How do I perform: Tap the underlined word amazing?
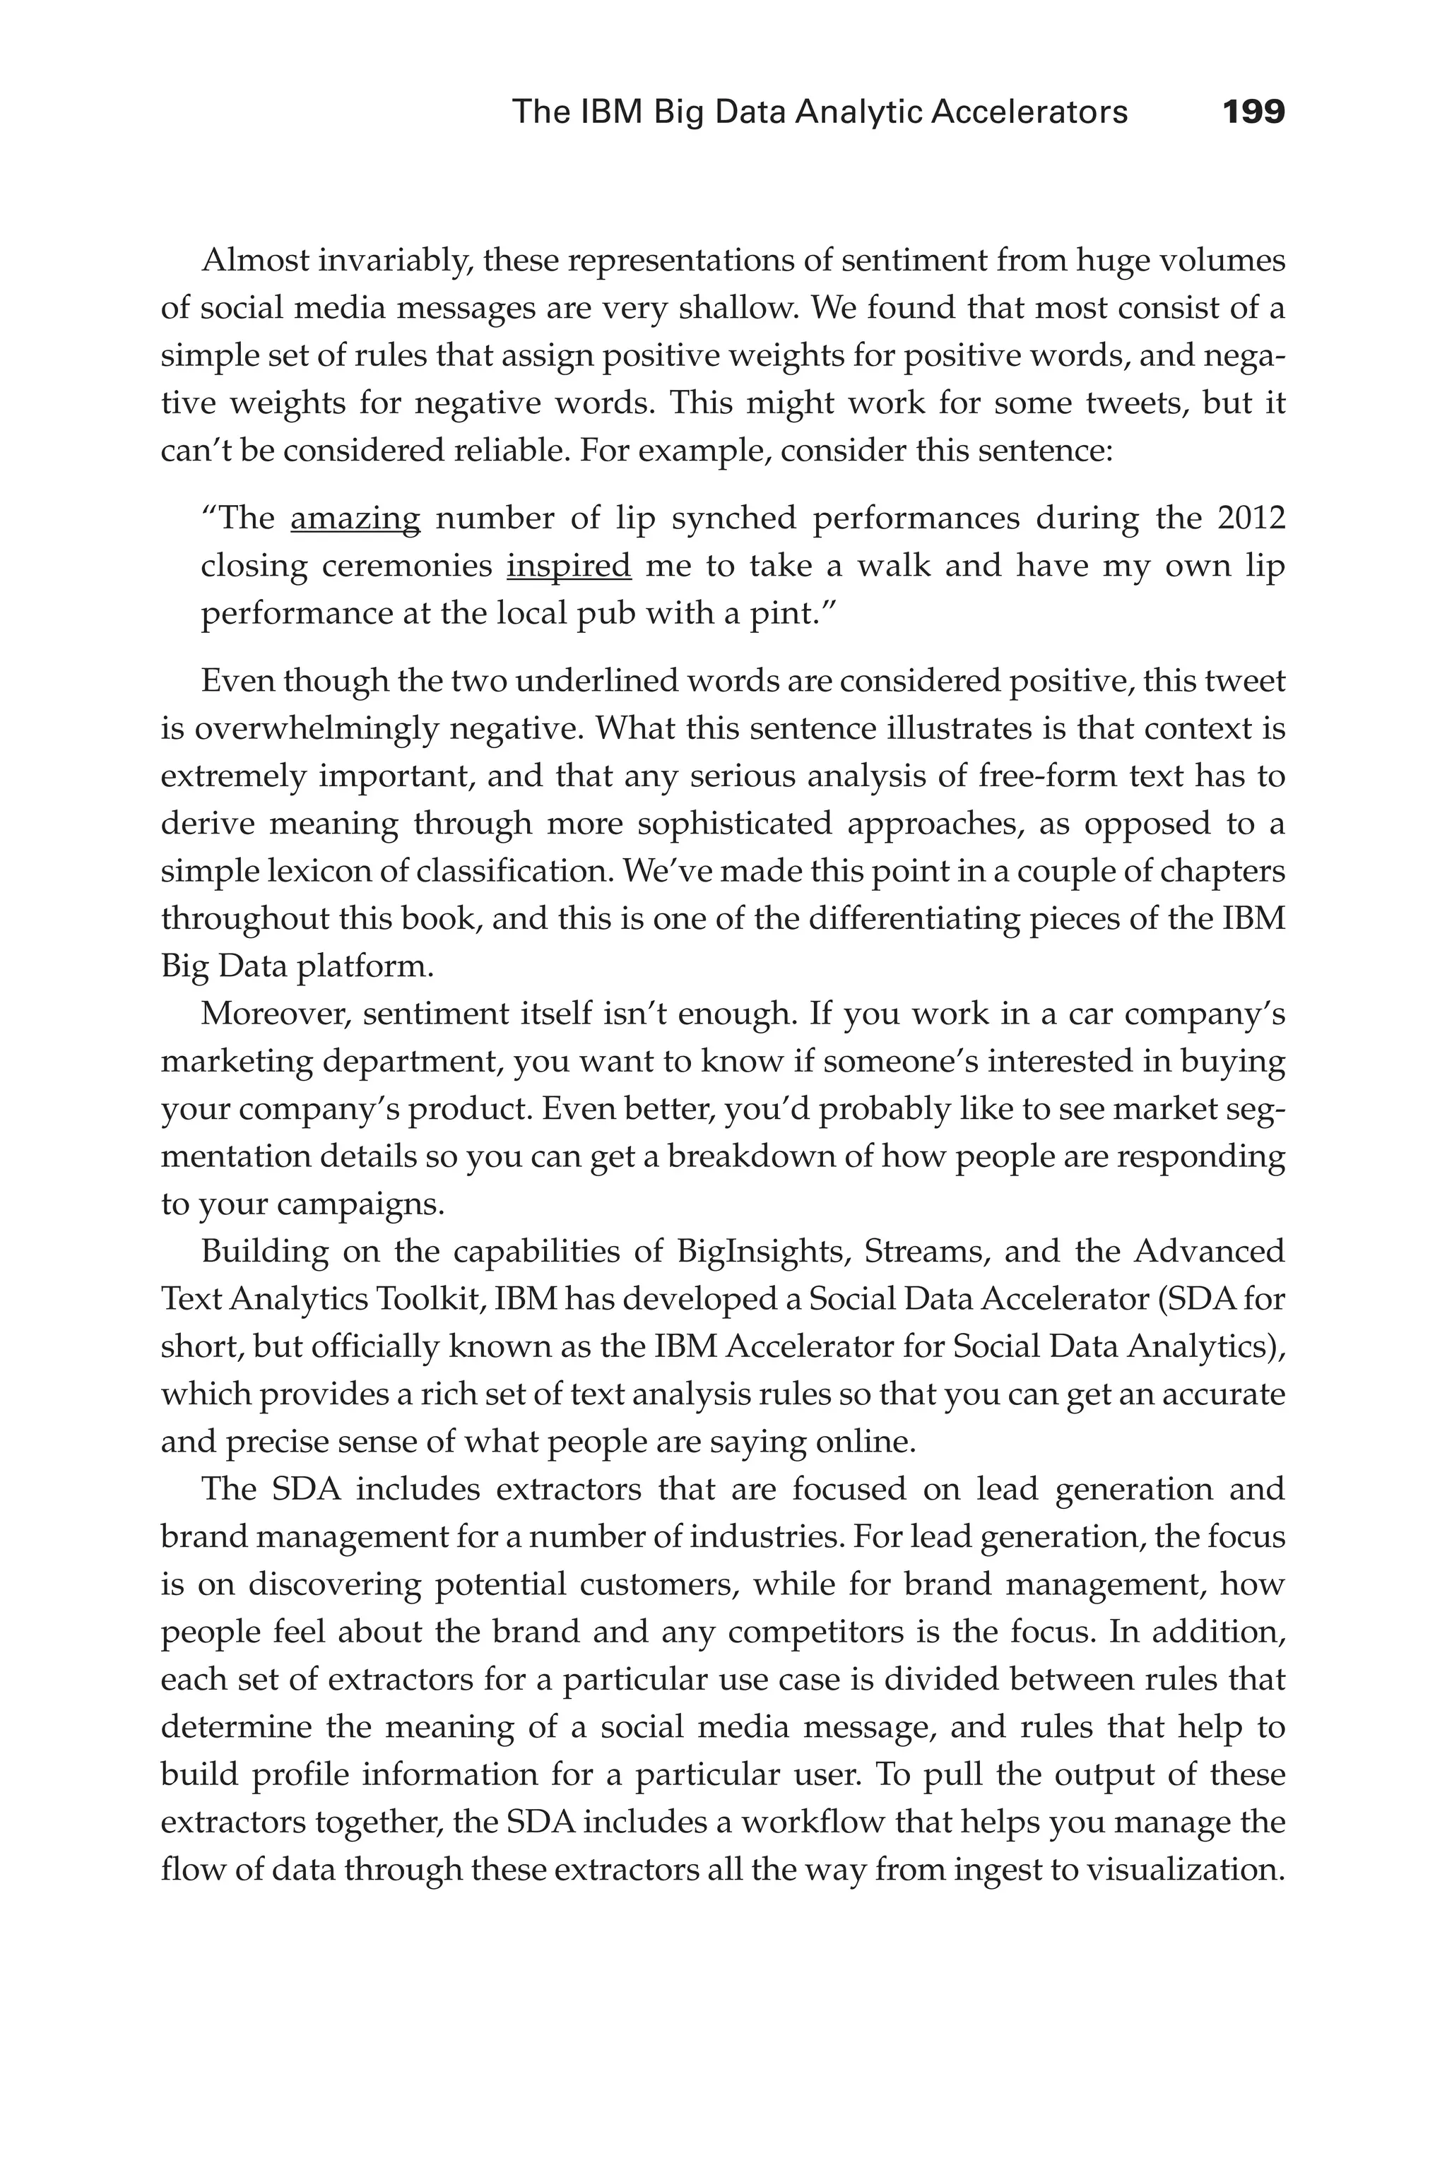(355, 518)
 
